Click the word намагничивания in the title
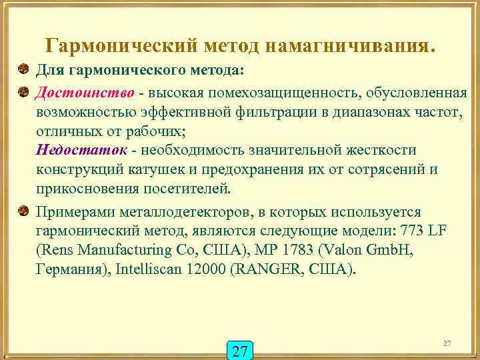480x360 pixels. click(353, 47)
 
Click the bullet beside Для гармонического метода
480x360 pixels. click(23, 70)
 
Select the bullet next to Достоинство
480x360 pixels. click(23, 91)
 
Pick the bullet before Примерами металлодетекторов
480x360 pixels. click(23, 212)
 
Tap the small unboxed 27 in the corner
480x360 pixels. click(447, 343)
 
